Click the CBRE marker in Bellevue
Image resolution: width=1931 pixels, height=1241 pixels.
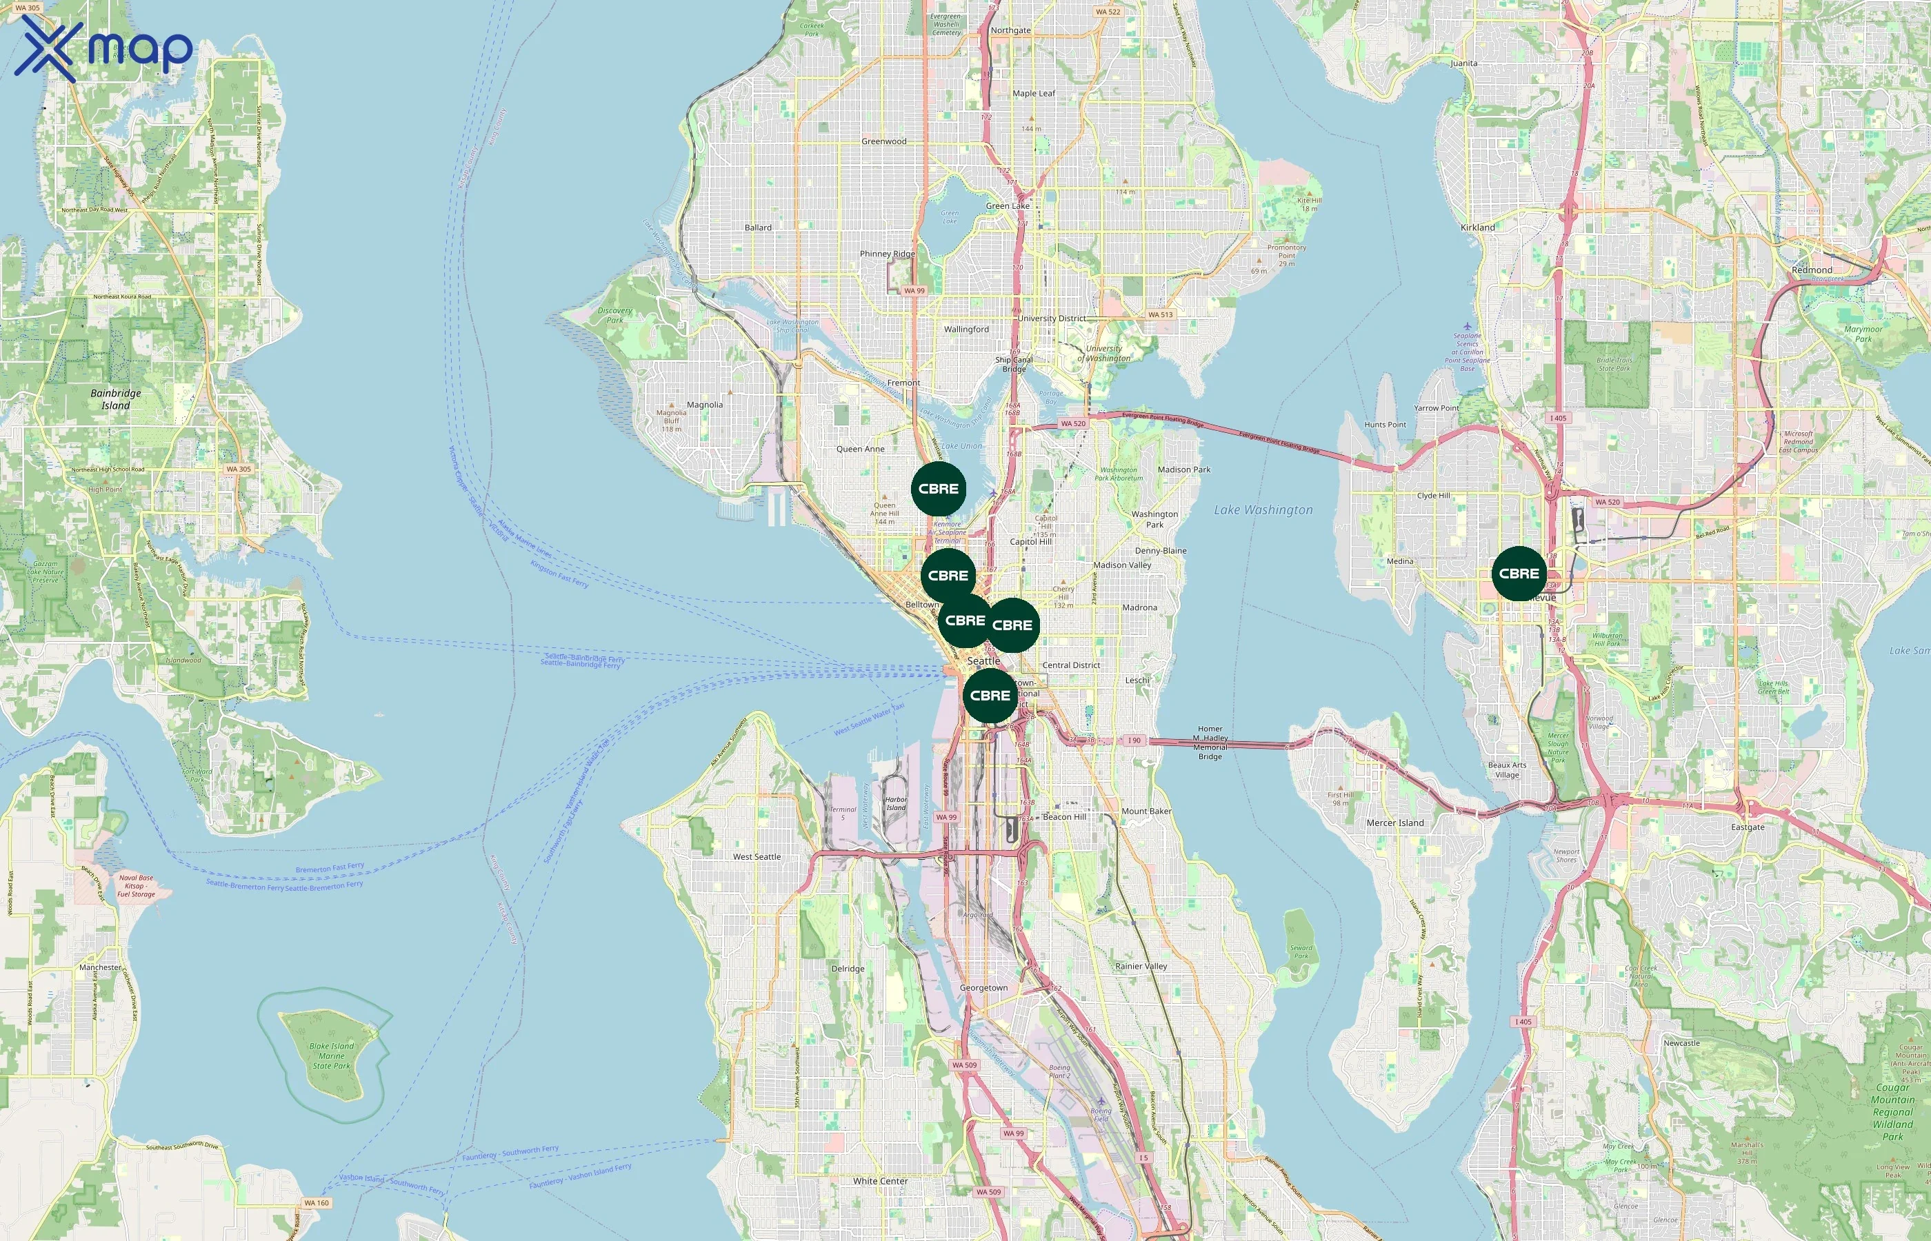pyautogui.click(x=1519, y=574)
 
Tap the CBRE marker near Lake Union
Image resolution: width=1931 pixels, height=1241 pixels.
pyautogui.click(x=938, y=489)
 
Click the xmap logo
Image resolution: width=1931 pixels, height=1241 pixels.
pyautogui.click(x=103, y=48)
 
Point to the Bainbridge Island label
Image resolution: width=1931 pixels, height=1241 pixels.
pyautogui.click(x=115, y=399)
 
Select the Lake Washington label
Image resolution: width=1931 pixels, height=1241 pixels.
pyautogui.click(x=1263, y=509)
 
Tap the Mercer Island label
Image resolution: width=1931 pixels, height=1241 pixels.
pyautogui.click(x=1394, y=823)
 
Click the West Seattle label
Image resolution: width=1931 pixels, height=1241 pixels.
pyautogui.click(x=756, y=856)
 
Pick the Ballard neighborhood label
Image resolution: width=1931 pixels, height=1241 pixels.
pyautogui.click(x=757, y=228)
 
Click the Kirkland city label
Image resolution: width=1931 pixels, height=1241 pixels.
pyautogui.click(x=1477, y=228)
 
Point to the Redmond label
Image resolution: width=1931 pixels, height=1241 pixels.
pyautogui.click(x=1812, y=270)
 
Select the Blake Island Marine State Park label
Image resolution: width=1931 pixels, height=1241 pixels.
pyautogui.click(x=331, y=1056)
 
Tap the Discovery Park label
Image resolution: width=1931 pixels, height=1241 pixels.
pyautogui.click(x=615, y=315)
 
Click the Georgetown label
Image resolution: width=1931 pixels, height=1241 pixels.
pyautogui.click(x=983, y=987)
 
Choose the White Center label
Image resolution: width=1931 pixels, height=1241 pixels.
pyautogui.click(x=880, y=1180)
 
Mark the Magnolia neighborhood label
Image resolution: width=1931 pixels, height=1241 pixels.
pyautogui.click(x=704, y=405)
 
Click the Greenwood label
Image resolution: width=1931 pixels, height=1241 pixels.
pyautogui.click(x=883, y=141)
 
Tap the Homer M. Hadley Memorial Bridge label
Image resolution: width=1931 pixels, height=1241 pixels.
pyautogui.click(x=1210, y=742)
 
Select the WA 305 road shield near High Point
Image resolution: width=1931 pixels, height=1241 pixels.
pyautogui.click(x=238, y=469)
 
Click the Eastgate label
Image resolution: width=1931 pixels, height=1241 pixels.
pyautogui.click(x=1748, y=827)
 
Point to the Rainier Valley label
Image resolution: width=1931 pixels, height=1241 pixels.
pyautogui.click(x=1141, y=965)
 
